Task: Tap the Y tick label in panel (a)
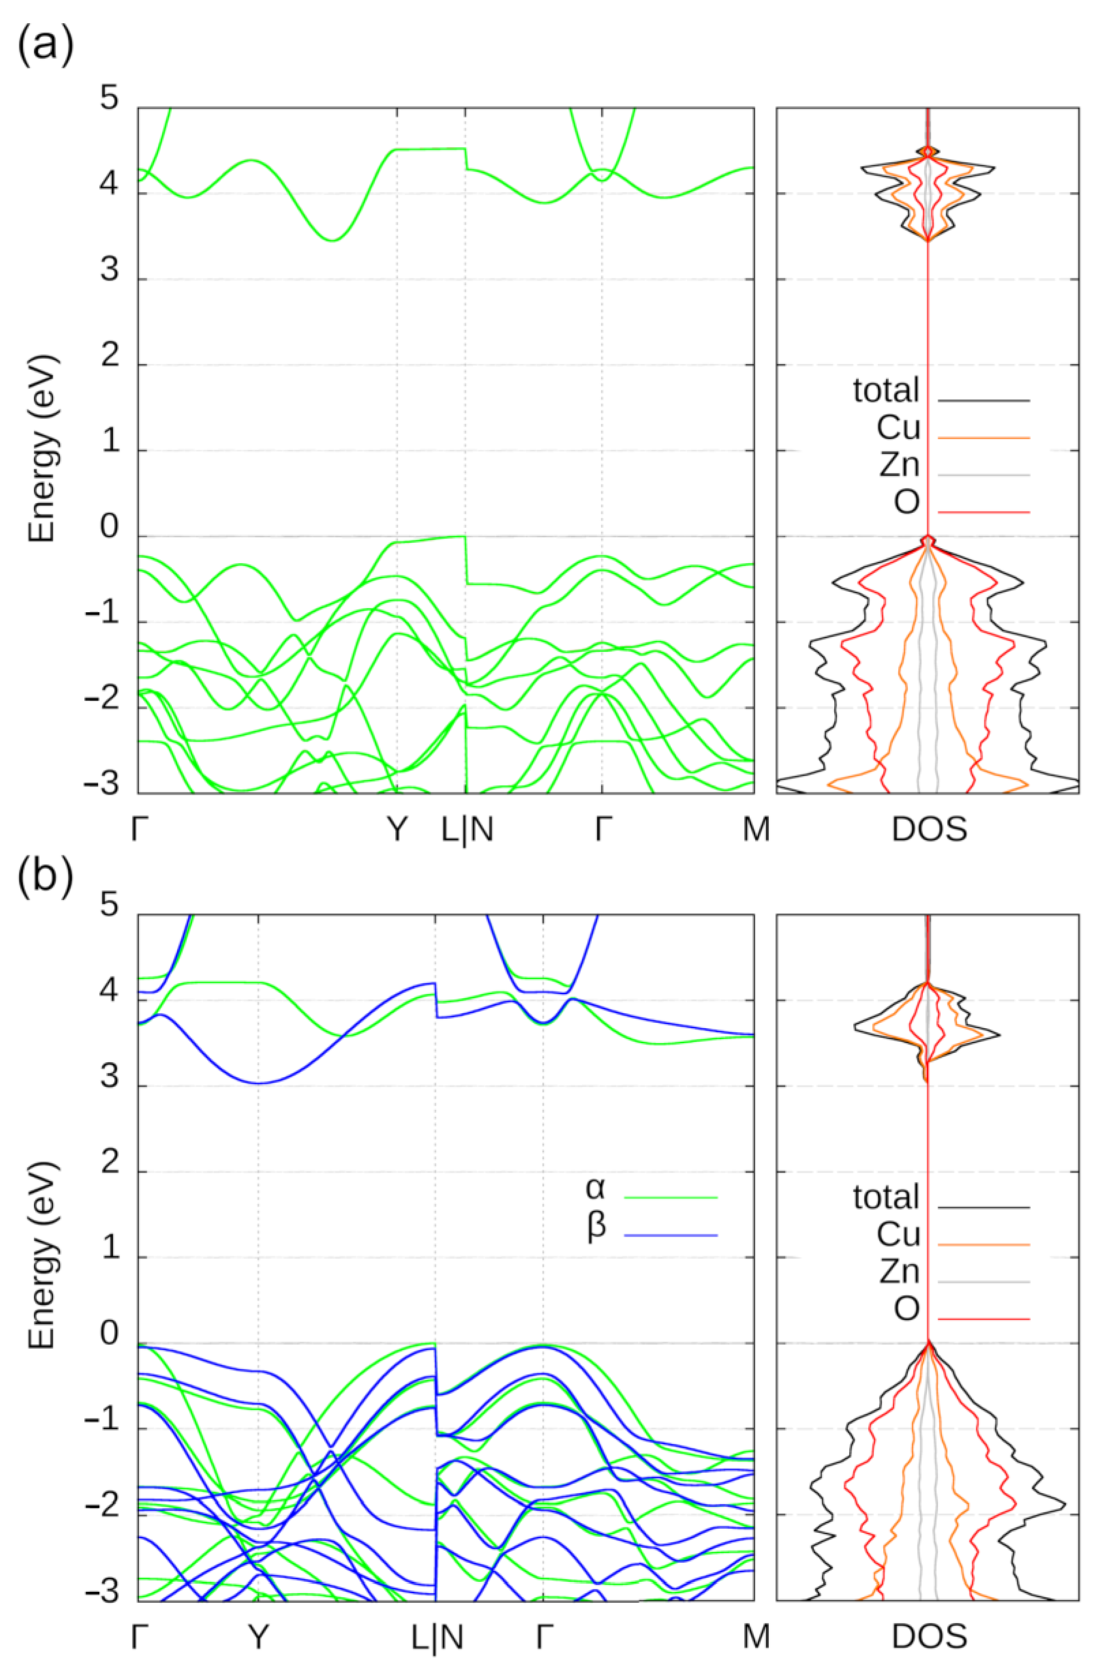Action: point(397,830)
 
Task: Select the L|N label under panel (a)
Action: point(467,830)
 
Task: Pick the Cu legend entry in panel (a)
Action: point(898,428)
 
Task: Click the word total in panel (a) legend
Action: point(885,390)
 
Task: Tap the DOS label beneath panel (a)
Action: point(929,830)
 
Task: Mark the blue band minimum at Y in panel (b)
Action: point(259,1083)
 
